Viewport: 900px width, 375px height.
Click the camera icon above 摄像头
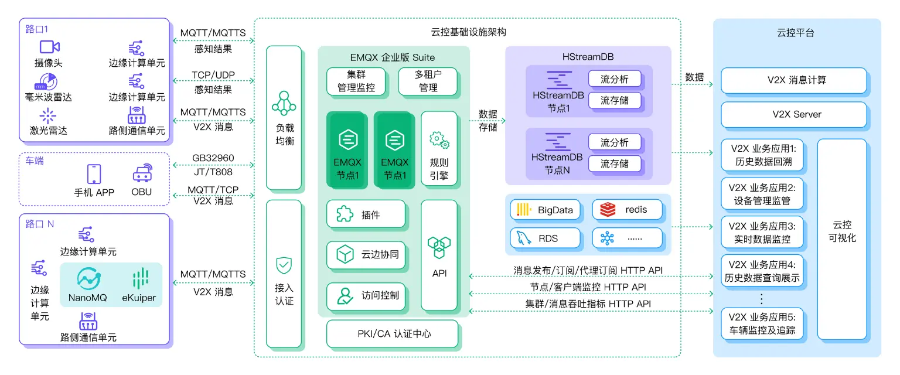(x=50, y=47)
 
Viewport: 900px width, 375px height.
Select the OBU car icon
(x=141, y=174)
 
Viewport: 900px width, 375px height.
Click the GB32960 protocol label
(x=213, y=158)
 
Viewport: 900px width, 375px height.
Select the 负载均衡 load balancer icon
(x=284, y=102)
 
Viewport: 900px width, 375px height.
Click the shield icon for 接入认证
(x=284, y=265)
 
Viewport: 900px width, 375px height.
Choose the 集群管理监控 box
(x=356, y=81)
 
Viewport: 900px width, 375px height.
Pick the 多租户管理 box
(x=428, y=81)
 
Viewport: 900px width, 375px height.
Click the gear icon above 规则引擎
(x=439, y=140)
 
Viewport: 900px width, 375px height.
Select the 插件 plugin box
(x=366, y=214)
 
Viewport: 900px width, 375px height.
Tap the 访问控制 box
(x=366, y=295)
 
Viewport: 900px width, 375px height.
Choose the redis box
(x=627, y=210)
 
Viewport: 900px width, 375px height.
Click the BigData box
(x=546, y=210)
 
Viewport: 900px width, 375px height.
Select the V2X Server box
(x=793, y=115)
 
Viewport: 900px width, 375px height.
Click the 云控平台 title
(x=795, y=33)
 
